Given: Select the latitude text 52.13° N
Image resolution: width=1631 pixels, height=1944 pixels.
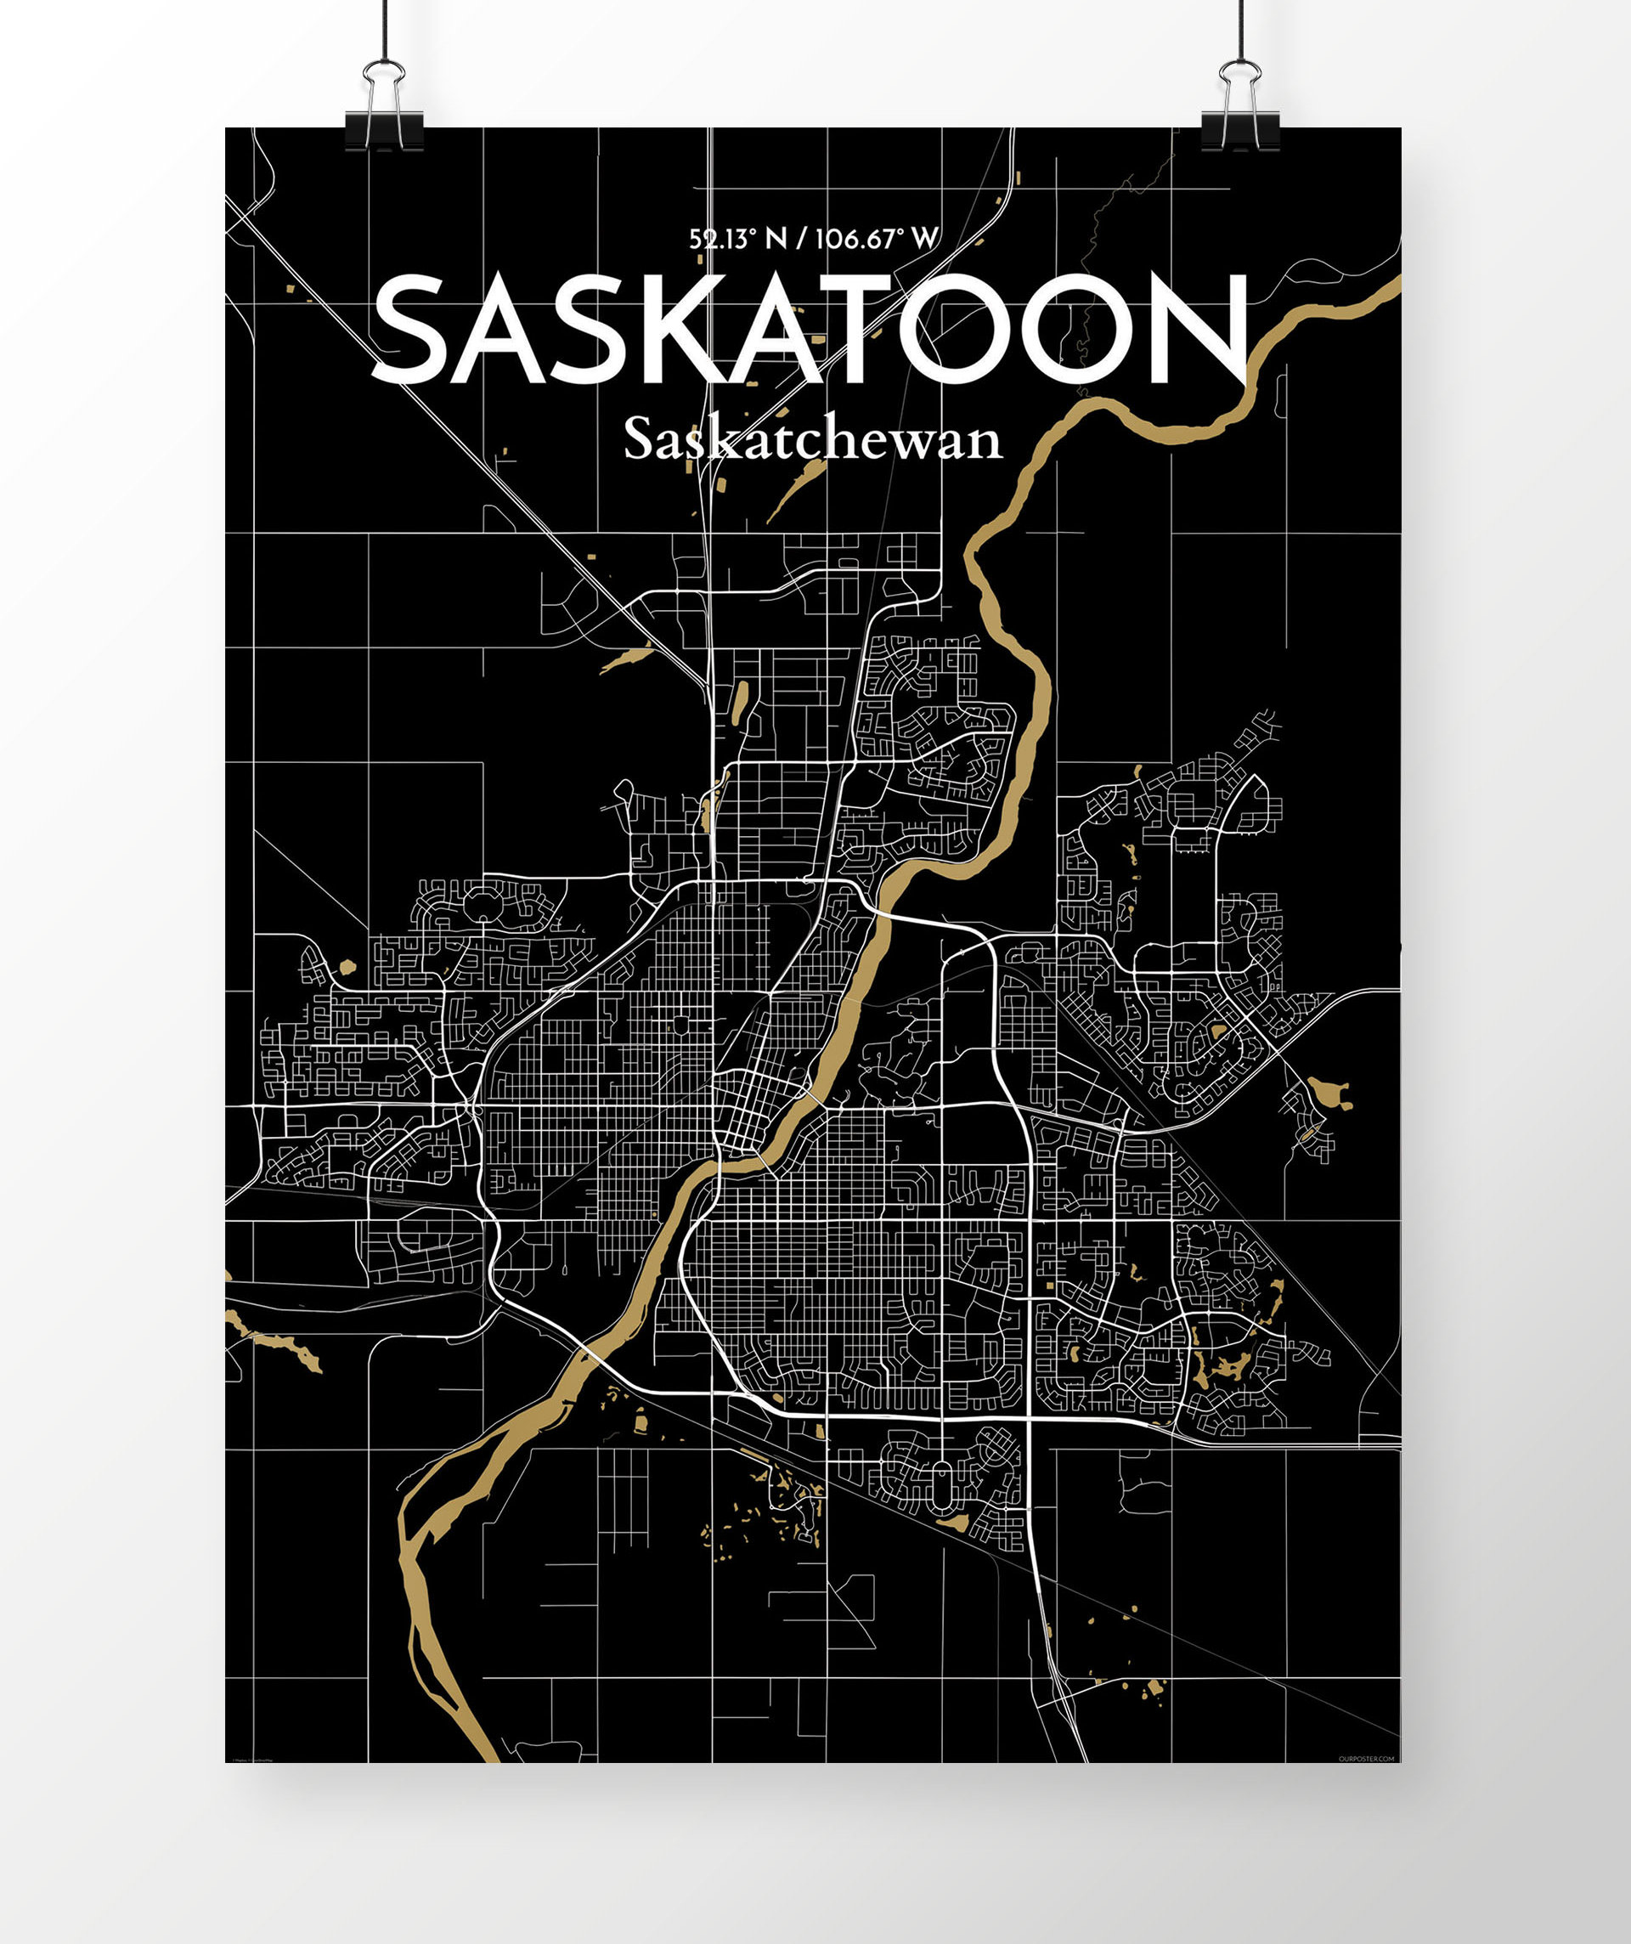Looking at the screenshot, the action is [736, 240].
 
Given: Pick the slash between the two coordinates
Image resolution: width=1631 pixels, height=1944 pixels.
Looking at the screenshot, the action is [802, 240].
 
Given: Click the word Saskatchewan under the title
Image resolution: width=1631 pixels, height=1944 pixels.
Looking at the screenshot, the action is [813, 440].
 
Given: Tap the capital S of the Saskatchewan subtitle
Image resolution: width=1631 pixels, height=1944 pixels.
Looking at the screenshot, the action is [640, 440].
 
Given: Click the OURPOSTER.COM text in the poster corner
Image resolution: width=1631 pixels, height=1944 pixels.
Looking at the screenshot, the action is [1365, 1758].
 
